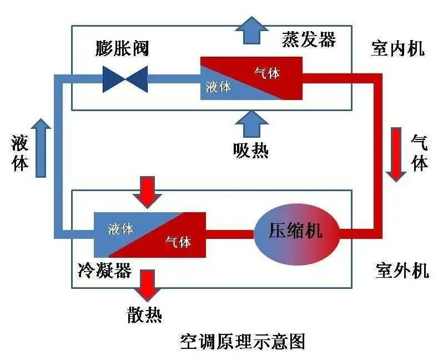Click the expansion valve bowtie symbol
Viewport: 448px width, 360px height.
125,79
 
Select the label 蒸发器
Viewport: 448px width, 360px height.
309,39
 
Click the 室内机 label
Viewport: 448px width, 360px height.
397,48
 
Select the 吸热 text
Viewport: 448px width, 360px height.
251,150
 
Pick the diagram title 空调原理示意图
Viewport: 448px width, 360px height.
243,341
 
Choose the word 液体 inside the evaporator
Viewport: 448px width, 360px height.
218,87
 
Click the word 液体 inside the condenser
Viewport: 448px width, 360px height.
120,228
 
